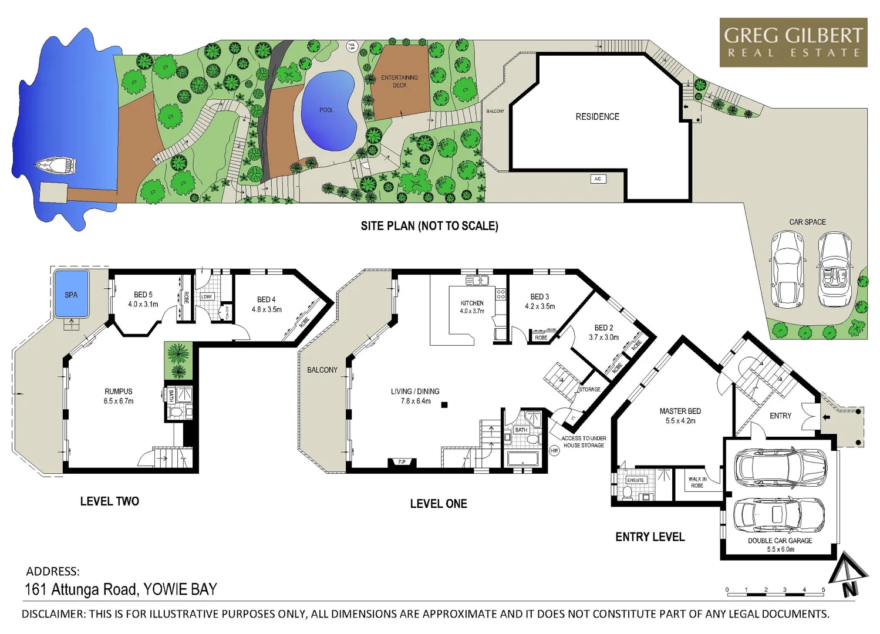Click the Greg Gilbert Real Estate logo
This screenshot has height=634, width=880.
click(x=793, y=42)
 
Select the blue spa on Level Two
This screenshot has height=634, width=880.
click(x=71, y=294)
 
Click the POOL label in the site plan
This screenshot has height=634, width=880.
click(x=326, y=110)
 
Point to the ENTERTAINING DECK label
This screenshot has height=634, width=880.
click(x=399, y=81)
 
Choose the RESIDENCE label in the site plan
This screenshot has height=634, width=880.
click(x=597, y=117)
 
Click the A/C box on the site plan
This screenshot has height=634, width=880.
click(x=598, y=179)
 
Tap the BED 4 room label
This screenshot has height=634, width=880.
click(x=267, y=304)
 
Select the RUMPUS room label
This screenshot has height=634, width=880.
click(x=119, y=396)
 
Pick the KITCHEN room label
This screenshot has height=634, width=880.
click(x=472, y=307)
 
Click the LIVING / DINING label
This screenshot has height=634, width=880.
click(x=415, y=396)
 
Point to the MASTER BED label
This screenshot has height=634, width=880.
click(x=680, y=416)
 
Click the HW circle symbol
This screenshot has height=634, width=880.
click(x=554, y=451)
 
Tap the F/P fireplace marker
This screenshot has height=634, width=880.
click(x=402, y=463)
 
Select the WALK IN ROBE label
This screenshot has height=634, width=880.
click(x=697, y=483)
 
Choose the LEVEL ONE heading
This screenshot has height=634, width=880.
click(x=439, y=504)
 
